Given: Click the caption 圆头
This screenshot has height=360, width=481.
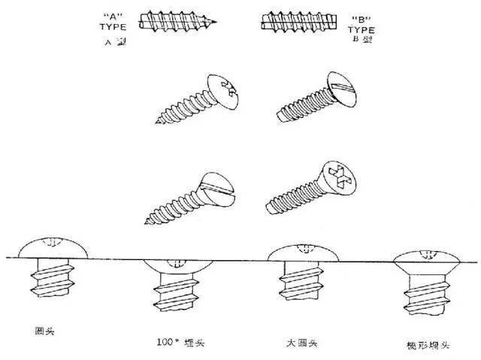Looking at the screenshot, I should click(x=44, y=331).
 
